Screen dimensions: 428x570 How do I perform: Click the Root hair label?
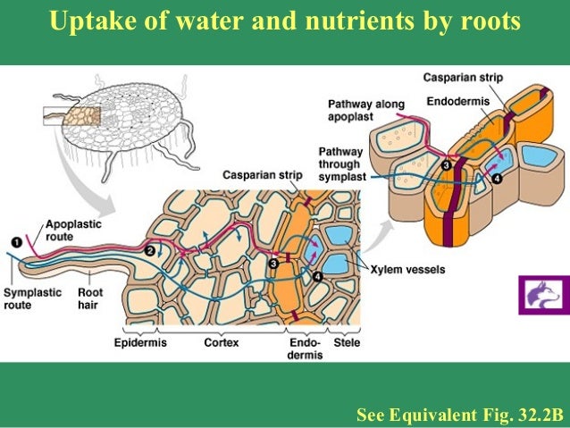(x=89, y=298)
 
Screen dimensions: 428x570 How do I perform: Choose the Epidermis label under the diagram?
(x=141, y=342)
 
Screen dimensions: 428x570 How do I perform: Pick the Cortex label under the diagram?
(x=221, y=342)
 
